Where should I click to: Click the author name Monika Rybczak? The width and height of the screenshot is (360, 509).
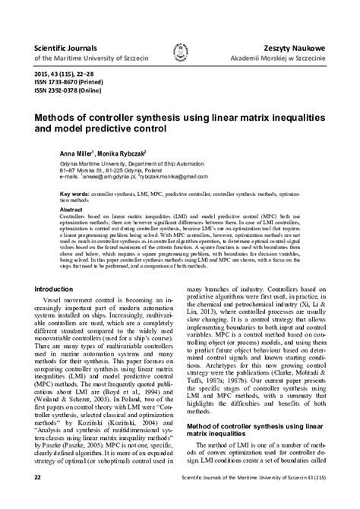[122, 153]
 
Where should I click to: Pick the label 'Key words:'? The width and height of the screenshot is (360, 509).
[75, 194]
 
